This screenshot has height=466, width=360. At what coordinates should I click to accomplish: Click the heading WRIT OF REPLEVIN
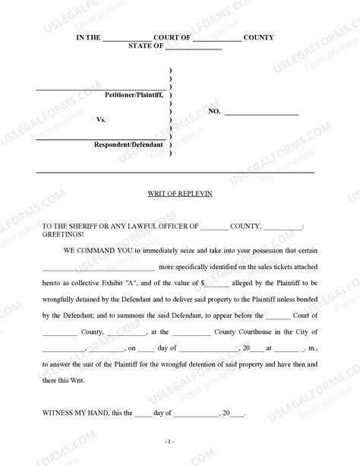coord(180,194)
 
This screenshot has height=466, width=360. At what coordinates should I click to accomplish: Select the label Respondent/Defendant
coord(129,144)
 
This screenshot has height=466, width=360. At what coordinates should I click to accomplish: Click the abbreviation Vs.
coord(101,120)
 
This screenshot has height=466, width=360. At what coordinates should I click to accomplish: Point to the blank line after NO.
coord(263,112)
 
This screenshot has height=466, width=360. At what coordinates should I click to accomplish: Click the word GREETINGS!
coord(63,235)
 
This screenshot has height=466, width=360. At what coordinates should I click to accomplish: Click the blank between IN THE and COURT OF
coord(126,38)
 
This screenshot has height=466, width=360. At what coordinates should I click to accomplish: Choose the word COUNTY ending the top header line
coord(260,37)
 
